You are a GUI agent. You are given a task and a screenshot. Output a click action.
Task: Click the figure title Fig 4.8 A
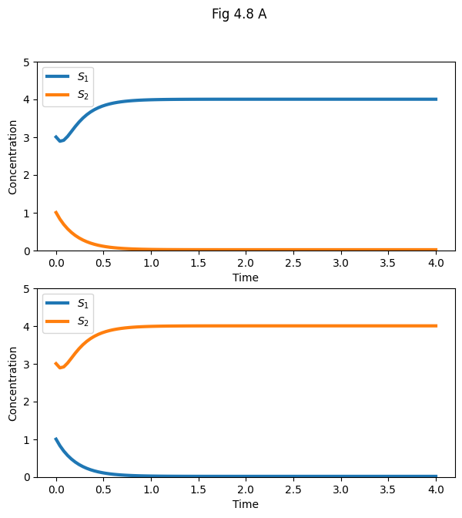click(239, 14)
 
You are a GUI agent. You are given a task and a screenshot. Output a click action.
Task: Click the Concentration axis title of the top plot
click(12, 156)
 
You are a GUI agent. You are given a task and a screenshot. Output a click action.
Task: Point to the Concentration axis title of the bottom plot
click(12, 383)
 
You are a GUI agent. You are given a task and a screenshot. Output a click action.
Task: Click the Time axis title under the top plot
click(246, 277)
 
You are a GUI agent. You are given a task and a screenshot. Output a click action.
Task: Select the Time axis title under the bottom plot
click(246, 504)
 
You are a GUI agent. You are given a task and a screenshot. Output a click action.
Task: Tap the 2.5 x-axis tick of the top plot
click(293, 263)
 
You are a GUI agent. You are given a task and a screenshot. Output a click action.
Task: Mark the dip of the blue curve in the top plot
click(62, 141)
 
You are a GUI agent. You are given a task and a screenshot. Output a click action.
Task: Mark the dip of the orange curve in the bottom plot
click(62, 368)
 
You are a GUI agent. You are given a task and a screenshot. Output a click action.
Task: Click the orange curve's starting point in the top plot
click(55, 213)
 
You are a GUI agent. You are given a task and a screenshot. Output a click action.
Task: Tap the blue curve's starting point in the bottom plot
click(55, 439)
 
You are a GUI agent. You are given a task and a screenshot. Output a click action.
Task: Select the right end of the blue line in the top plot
click(437, 99)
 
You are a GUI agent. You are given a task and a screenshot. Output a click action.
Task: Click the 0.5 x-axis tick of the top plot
click(103, 263)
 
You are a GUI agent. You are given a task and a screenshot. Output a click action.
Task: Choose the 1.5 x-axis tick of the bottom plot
click(198, 489)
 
